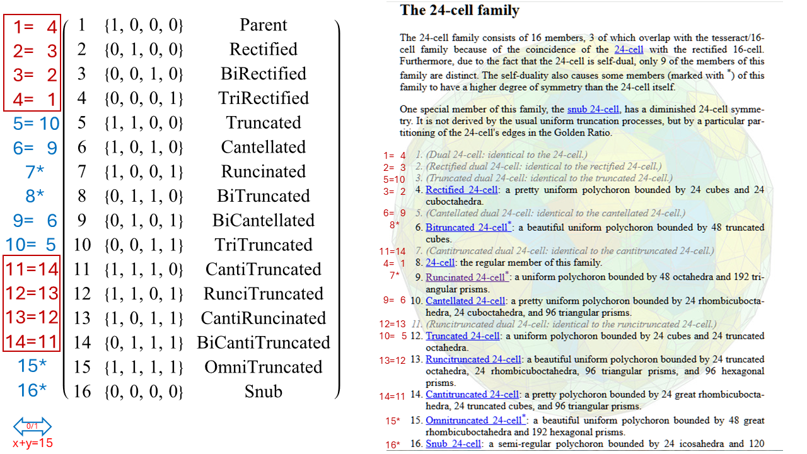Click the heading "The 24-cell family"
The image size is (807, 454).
tap(460, 10)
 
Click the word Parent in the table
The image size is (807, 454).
tap(264, 25)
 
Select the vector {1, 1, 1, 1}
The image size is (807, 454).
tap(144, 368)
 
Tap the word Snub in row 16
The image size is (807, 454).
tap(264, 392)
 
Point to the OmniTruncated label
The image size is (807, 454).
tap(264, 368)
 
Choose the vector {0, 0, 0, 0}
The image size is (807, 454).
tap(144, 392)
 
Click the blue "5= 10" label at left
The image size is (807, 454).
tap(36, 124)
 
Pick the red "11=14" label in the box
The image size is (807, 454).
tap(32, 270)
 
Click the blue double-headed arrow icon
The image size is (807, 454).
tap(32, 427)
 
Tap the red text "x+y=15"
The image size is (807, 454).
tap(32, 443)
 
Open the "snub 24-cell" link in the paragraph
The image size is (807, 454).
tap(593, 109)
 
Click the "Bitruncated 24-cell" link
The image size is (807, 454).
tap(466, 228)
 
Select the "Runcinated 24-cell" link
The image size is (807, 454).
tap(465, 277)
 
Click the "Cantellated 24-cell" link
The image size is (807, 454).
tap(465, 301)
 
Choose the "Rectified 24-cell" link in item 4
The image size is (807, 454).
tap(462, 190)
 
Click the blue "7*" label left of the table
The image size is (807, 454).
tap(35, 172)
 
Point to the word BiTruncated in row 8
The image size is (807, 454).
tap(264, 196)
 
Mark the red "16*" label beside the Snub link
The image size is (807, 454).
tap(393, 445)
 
